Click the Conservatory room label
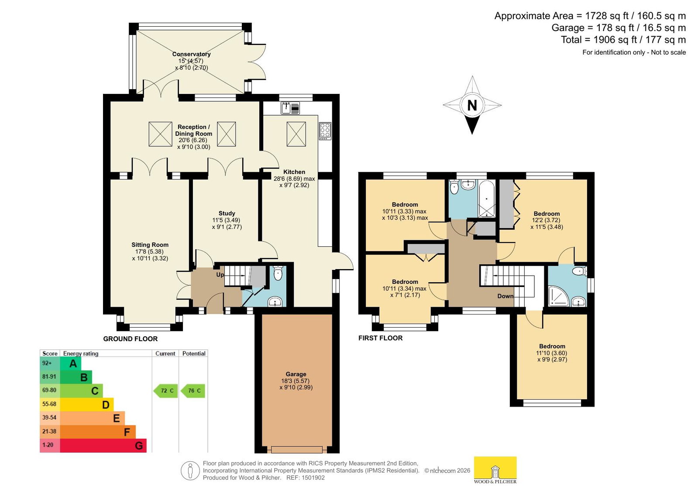click(191, 54)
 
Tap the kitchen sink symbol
click(290, 108)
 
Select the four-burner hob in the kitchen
click(325, 131)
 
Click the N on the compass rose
click(472, 105)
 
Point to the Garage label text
click(296, 374)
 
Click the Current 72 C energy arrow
click(165, 391)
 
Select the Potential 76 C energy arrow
click(193, 391)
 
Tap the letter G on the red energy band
click(139, 446)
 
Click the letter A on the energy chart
click(73, 363)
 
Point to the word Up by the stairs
click(220, 275)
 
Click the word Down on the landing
click(505, 296)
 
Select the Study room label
click(227, 213)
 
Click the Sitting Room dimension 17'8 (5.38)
click(149, 251)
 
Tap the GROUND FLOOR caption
click(130, 339)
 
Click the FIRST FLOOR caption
click(381, 338)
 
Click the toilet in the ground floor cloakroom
click(278, 273)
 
